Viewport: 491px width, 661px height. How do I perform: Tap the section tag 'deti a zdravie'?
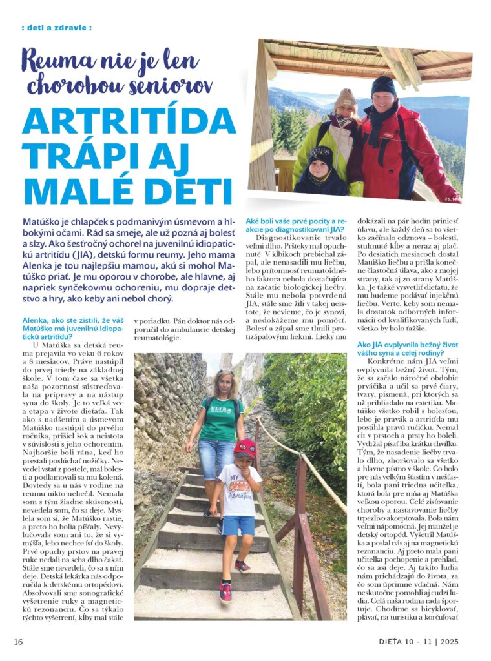[56, 28]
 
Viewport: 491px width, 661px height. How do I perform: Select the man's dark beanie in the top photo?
[383, 85]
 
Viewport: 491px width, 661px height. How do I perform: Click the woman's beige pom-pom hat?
[345, 97]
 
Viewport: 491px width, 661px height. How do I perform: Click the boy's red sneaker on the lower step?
[225, 591]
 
